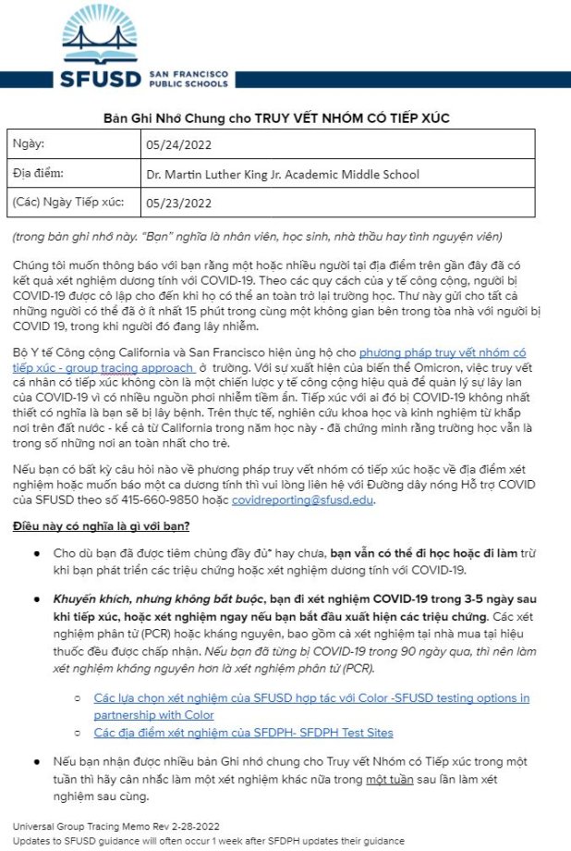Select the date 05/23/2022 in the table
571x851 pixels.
pyautogui.click(x=179, y=203)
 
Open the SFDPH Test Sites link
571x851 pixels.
pyautogui.click(x=243, y=732)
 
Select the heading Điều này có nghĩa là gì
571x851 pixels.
pyautogui.click(x=102, y=526)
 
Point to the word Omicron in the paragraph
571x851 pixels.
pyautogui.click(x=431, y=367)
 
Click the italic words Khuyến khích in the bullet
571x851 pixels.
pyautogui.click(x=93, y=598)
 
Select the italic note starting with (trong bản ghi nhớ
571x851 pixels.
pyautogui.click(x=258, y=235)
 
